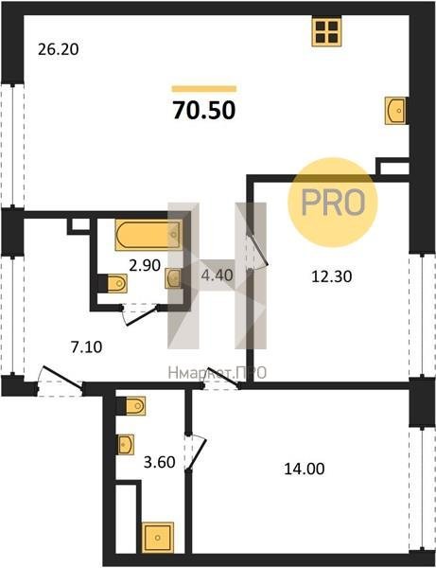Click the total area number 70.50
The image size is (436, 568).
(x=204, y=110)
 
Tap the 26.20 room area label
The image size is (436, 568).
(x=59, y=49)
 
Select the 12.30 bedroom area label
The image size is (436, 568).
(x=331, y=276)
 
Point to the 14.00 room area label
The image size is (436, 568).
(x=305, y=470)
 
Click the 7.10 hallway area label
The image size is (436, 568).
(x=86, y=347)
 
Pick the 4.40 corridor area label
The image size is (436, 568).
(x=217, y=275)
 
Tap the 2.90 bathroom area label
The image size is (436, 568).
(x=145, y=265)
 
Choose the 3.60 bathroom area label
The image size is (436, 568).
(x=159, y=462)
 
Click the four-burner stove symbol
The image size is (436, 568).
(x=326, y=31)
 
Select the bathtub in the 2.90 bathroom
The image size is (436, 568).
(x=148, y=235)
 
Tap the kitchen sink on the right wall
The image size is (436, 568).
(x=395, y=111)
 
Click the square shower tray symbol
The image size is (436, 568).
(x=158, y=538)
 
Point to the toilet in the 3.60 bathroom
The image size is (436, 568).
(x=132, y=406)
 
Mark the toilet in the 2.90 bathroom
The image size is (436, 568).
(x=113, y=283)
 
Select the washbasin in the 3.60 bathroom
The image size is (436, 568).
(x=127, y=445)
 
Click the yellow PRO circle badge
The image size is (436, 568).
(x=333, y=203)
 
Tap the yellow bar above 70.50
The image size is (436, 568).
(x=204, y=89)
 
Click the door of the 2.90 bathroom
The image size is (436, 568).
(x=140, y=314)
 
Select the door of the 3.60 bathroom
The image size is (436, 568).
(x=196, y=453)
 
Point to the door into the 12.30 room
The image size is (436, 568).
(x=256, y=249)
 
